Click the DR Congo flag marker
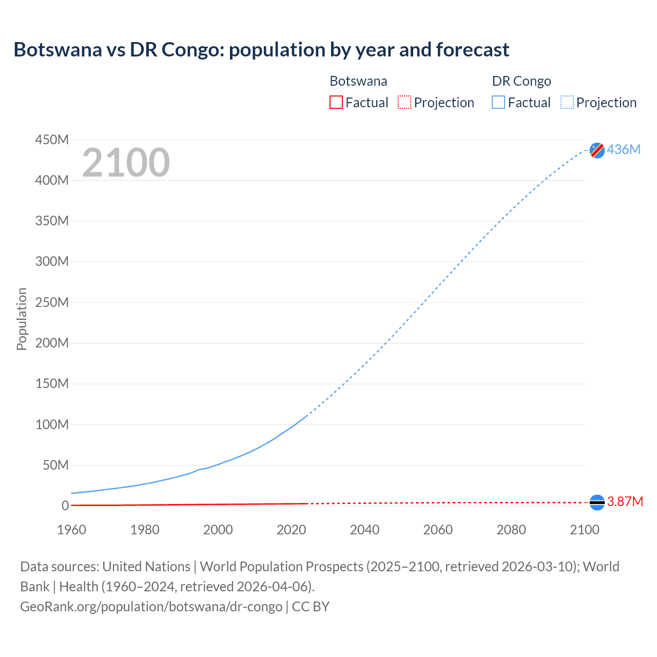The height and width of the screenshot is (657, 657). pos(597,150)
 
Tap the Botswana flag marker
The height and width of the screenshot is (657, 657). pos(597,502)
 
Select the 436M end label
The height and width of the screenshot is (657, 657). pos(624,149)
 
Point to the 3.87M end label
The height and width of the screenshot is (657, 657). pos(625,501)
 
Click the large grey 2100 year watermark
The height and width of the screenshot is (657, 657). pos(126,163)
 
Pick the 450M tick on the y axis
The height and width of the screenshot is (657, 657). pos(52,140)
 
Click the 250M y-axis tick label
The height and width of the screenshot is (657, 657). pos(52,302)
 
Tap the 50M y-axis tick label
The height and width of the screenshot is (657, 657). pos(55,465)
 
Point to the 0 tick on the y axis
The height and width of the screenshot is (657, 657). pos(65,506)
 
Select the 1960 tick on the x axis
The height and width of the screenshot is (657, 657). pos(71,530)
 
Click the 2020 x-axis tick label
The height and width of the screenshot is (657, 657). pos(291,530)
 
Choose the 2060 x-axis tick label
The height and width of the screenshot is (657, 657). pos(438,530)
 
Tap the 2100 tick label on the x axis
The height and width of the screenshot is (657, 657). pos(584,530)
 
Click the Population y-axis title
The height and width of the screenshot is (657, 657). pos(22,319)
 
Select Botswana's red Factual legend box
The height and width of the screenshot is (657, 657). pos(336,102)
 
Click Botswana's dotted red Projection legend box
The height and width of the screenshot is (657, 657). pos(404,102)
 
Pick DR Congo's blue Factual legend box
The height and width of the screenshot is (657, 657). pos(498,102)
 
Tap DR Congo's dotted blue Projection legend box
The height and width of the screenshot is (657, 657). pos(567,102)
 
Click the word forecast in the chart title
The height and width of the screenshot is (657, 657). pos(472,50)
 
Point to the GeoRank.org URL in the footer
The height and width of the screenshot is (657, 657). pos(151,606)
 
